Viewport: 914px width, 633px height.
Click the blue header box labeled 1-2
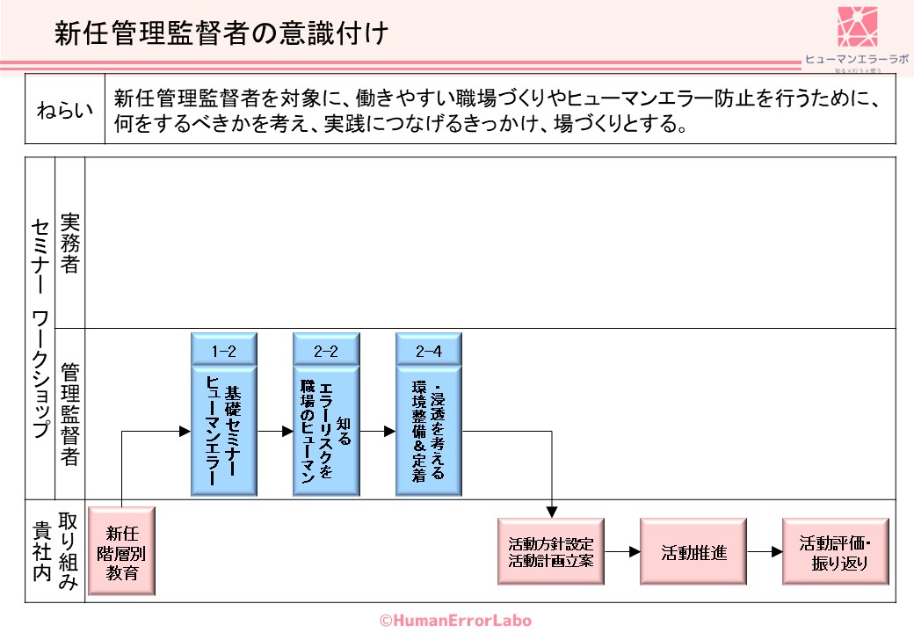[x=224, y=351]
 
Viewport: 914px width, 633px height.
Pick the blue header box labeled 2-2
[x=326, y=351]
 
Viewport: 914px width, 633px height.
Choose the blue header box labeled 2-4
[x=428, y=351]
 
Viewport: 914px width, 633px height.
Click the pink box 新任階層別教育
[x=121, y=550]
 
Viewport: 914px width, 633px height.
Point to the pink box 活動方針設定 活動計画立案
[x=551, y=551]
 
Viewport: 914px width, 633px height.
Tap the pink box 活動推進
[x=693, y=551]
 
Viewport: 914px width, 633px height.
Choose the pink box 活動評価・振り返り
[x=836, y=551]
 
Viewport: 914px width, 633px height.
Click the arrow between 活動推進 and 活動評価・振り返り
[x=765, y=552]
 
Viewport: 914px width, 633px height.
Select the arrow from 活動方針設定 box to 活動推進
[x=622, y=552]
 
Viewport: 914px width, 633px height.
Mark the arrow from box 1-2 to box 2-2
[x=275, y=431]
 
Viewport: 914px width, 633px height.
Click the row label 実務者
[x=69, y=243]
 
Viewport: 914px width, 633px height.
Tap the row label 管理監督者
[x=69, y=413]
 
